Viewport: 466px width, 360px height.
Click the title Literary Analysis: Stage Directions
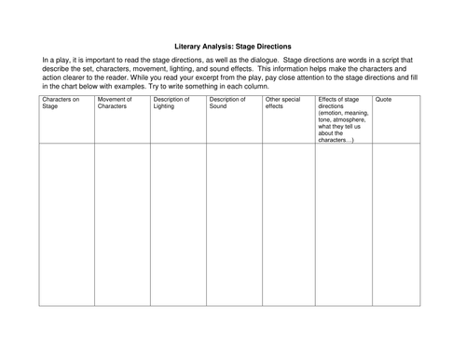[x=233, y=44]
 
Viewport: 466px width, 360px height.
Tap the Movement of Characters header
[x=116, y=102]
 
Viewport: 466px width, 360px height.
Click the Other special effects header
[x=281, y=102]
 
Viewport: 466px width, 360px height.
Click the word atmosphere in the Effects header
[x=350, y=119]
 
